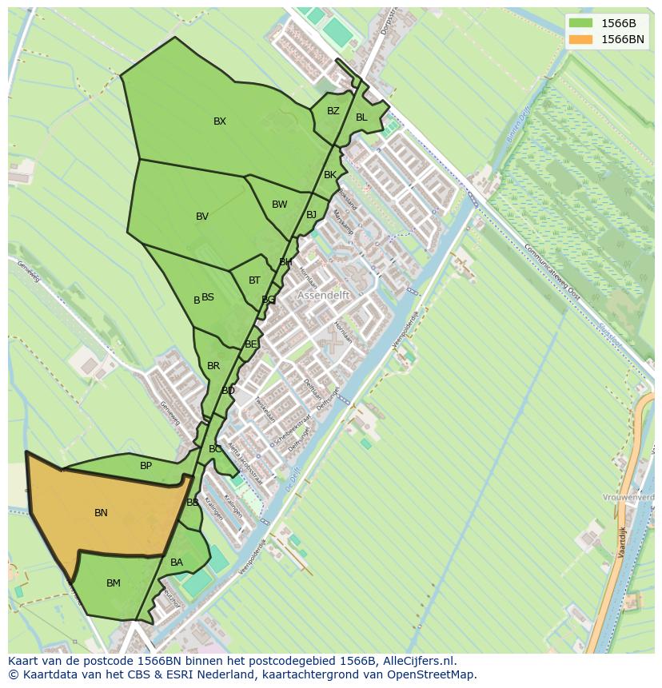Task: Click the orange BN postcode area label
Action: click(101, 513)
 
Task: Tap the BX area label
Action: click(220, 121)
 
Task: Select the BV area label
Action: click(202, 217)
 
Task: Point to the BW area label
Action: click(279, 205)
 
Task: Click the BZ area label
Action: click(333, 111)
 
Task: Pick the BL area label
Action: click(361, 117)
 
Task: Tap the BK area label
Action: click(330, 175)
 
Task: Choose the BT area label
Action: click(254, 280)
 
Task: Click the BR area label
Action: click(213, 366)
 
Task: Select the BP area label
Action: click(146, 466)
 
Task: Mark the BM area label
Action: click(114, 583)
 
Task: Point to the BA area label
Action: click(177, 563)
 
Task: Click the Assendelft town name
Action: click(325, 295)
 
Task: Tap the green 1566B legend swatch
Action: click(581, 23)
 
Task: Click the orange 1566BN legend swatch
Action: click(581, 39)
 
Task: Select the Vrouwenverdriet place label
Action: click(632, 497)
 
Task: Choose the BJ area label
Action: click(311, 215)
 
